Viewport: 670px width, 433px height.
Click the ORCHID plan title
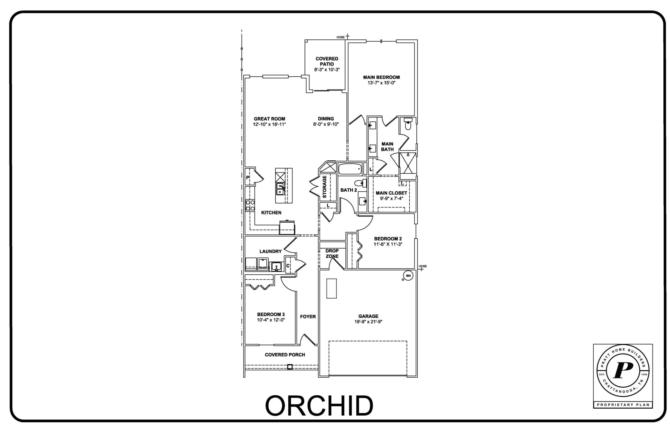(319, 405)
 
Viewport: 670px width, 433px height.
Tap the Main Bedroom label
(381, 77)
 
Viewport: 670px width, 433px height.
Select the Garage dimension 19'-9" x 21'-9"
(368, 322)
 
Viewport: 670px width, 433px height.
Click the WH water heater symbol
(408, 276)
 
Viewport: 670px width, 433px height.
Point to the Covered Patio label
(327, 61)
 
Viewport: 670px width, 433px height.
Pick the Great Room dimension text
(269, 124)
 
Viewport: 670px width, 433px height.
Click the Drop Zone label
(332, 253)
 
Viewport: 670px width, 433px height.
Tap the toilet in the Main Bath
(408, 124)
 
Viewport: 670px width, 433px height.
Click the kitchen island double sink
(280, 190)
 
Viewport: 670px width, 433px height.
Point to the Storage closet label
(325, 187)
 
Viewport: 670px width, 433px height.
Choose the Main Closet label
(391, 193)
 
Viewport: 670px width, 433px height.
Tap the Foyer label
(308, 317)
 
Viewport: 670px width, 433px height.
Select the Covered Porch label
(285, 355)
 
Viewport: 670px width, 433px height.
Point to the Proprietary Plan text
(623, 404)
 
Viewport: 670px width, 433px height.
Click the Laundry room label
(270, 251)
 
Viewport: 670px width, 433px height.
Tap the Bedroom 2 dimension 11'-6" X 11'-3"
(388, 244)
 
